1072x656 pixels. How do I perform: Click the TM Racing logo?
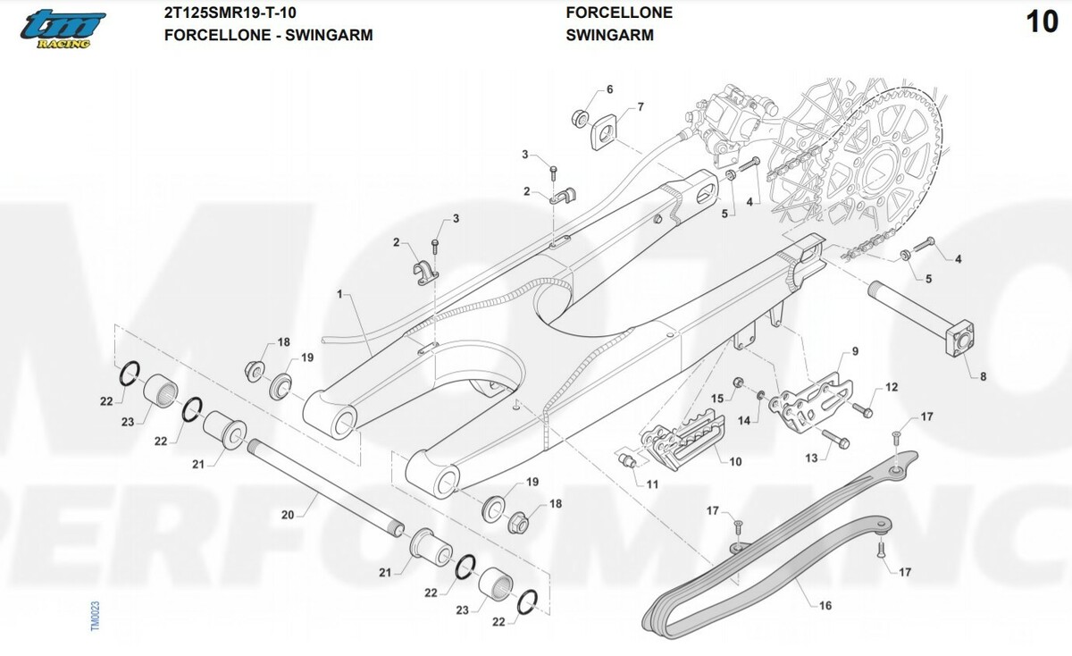pos(63,29)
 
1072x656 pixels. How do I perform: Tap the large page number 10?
pos(1042,22)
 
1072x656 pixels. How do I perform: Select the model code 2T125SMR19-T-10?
pos(230,13)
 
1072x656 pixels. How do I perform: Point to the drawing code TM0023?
pos(96,617)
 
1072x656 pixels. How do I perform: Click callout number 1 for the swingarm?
pos(340,293)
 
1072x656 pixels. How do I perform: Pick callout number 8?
pos(983,376)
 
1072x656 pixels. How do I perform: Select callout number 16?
pos(825,605)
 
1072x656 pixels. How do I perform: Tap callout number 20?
pos(287,515)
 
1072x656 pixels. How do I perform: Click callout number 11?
pos(653,484)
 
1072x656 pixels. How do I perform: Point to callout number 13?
pos(811,458)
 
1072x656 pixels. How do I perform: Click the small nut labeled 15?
pos(740,384)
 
